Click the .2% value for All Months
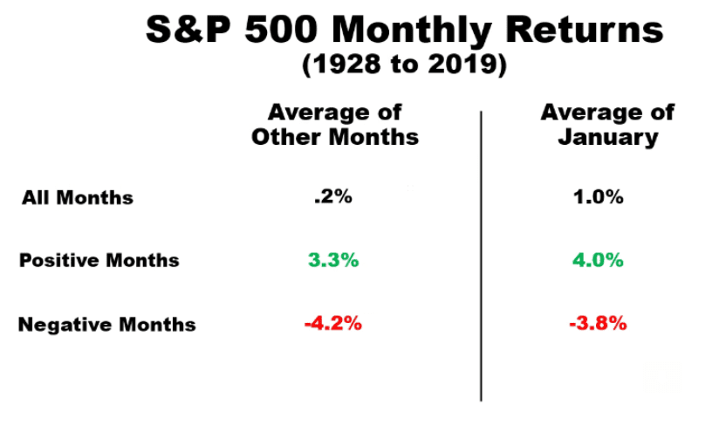[x=333, y=196]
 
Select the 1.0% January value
[x=599, y=196]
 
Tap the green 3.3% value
[x=333, y=259]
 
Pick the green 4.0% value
[x=599, y=259]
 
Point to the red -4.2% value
[x=332, y=323]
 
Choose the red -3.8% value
[x=598, y=323]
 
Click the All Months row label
[x=78, y=197]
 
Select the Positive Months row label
[x=99, y=260]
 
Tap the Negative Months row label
[x=107, y=325]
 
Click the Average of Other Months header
[x=335, y=125]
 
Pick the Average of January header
[x=607, y=125]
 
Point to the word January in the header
[x=607, y=138]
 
